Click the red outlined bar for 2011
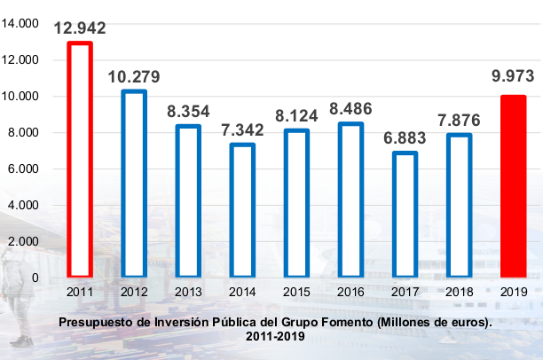pos(80,160)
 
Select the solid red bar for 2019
pos(513,186)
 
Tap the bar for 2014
pos(242,210)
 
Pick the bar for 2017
pos(405,215)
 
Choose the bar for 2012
pos(134,184)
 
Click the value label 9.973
pos(513,78)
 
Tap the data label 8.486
pos(350,109)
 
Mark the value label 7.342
pos(242,129)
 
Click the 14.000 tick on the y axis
pos(22,24)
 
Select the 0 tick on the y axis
pos(35,278)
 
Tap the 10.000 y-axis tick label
pos(22,96)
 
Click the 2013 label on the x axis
pos(188,291)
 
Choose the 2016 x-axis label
pos(350,291)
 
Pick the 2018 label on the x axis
pos(459,291)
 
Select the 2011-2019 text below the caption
pos(271,337)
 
